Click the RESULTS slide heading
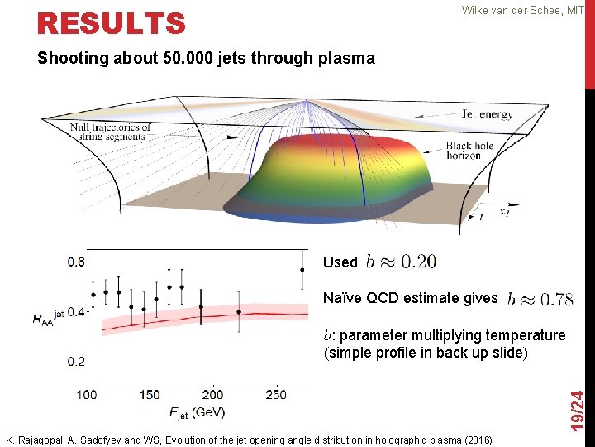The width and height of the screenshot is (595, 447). click(112, 23)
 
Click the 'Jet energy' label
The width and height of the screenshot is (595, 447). click(488, 114)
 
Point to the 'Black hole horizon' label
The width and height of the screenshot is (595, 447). click(469, 151)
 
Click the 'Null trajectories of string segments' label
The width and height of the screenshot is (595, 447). click(110, 132)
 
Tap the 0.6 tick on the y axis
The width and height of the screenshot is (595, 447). click(77, 262)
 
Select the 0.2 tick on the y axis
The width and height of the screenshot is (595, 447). click(77, 362)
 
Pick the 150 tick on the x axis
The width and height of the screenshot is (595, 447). click(150, 395)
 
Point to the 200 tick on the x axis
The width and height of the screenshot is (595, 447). click(212, 395)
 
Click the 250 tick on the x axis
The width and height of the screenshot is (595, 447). click(276, 395)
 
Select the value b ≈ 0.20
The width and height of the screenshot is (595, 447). click(401, 262)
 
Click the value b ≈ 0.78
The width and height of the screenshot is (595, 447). click(540, 299)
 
